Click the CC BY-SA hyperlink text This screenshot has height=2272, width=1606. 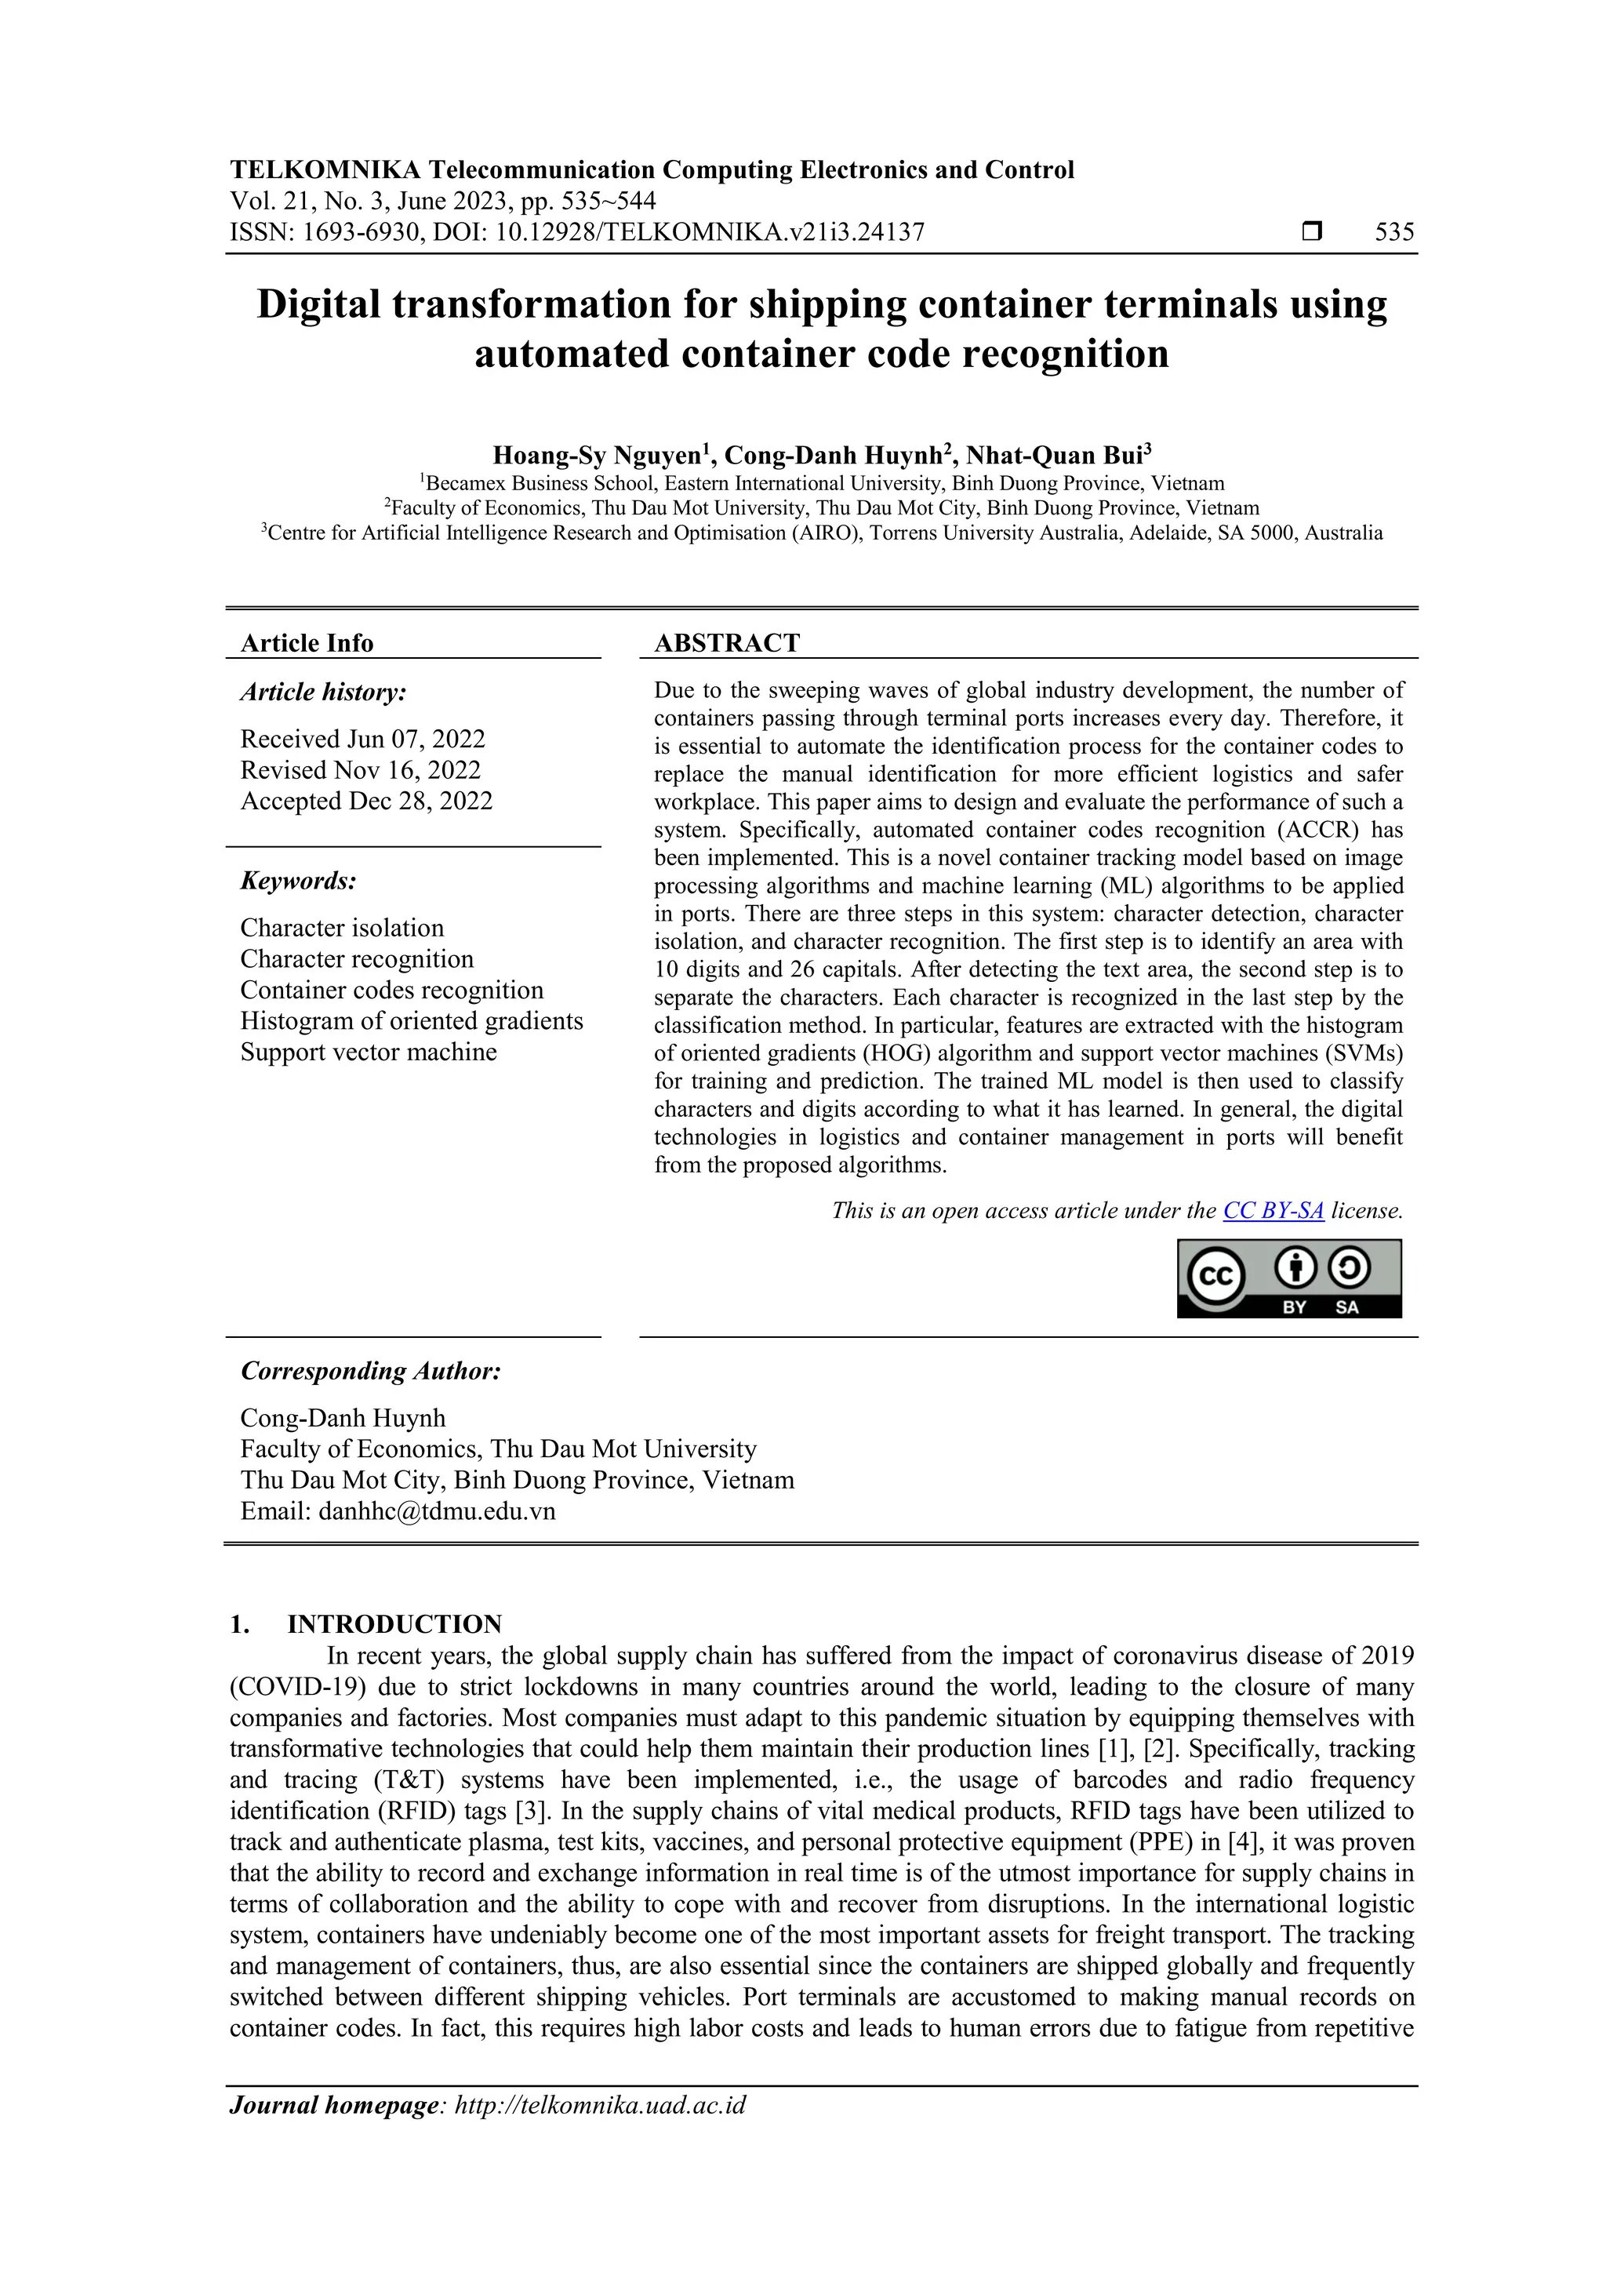click(1273, 1210)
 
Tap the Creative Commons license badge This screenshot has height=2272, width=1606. click(1288, 1278)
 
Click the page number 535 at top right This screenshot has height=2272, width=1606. click(1394, 233)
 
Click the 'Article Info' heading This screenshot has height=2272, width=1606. click(307, 643)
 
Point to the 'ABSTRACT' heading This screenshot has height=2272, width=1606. click(726, 643)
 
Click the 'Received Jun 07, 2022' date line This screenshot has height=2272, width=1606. click(362, 740)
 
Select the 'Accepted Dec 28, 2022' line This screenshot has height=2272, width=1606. click(366, 801)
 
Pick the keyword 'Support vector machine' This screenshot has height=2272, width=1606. click(368, 1052)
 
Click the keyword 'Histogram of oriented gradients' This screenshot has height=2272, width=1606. click(411, 1021)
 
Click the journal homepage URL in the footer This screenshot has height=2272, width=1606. click(600, 2105)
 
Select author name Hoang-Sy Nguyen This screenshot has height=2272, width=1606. click(597, 456)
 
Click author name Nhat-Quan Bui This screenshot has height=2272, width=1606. click(1053, 456)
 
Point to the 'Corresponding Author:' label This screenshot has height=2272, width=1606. click(370, 1372)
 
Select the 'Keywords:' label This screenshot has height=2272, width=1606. click(298, 881)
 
